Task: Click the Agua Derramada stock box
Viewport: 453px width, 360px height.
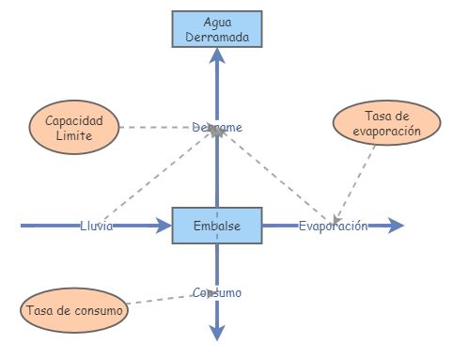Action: click(x=217, y=28)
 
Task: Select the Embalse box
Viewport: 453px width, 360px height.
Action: click(x=217, y=226)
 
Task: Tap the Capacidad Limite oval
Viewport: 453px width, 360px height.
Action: click(x=74, y=128)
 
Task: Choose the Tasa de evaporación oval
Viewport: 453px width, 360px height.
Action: click(x=385, y=123)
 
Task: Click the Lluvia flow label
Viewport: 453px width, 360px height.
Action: click(x=98, y=227)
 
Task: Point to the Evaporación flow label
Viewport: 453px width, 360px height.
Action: click(x=333, y=227)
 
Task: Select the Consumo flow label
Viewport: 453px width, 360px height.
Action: click(x=217, y=292)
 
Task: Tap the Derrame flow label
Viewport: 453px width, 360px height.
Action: click(x=217, y=127)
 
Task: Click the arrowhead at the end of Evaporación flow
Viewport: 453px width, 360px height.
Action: click(x=396, y=226)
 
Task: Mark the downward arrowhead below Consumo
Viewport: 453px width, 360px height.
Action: click(x=217, y=332)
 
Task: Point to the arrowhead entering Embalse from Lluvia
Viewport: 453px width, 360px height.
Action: click(x=162, y=226)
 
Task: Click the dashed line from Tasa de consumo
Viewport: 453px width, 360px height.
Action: click(x=160, y=300)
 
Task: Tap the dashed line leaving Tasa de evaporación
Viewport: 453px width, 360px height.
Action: click(x=355, y=179)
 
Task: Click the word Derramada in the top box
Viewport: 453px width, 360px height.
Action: click(x=217, y=36)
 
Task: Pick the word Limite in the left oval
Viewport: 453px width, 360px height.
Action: click(x=74, y=135)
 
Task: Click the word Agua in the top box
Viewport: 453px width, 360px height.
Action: click(x=217, y=21)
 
